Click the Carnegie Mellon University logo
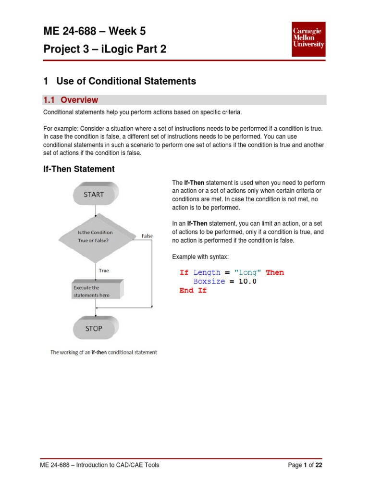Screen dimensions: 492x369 (x=308, y=37)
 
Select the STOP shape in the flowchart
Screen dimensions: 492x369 (x=94, y=329)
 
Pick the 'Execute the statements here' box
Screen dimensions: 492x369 (x=96, y=291)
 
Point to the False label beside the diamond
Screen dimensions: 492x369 (x=147, y=236)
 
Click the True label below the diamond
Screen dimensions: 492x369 (x=104, y=271)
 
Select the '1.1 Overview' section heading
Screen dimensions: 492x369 (x=71, y=100)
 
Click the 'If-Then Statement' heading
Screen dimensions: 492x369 (x=79, y=169)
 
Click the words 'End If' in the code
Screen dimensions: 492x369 (x=193, y=291)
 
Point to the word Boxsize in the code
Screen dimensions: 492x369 (x=209, y=282)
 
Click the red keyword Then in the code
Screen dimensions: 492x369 (x=275, y=272)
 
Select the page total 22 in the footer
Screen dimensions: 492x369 (x=319, y=465)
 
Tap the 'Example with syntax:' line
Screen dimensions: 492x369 (x=201, y=257)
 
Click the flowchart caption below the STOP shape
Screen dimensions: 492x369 (x=104, y=352)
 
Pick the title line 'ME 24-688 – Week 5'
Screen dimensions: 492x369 (x=94, y=32)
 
